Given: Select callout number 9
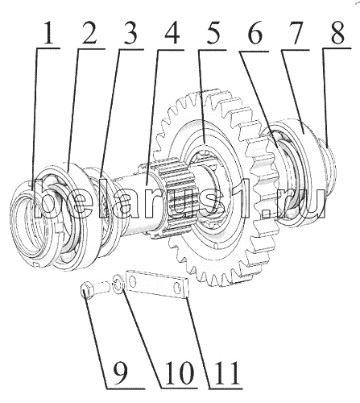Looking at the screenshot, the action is (x=120, y=372).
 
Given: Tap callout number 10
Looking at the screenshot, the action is (x=180, y=372).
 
